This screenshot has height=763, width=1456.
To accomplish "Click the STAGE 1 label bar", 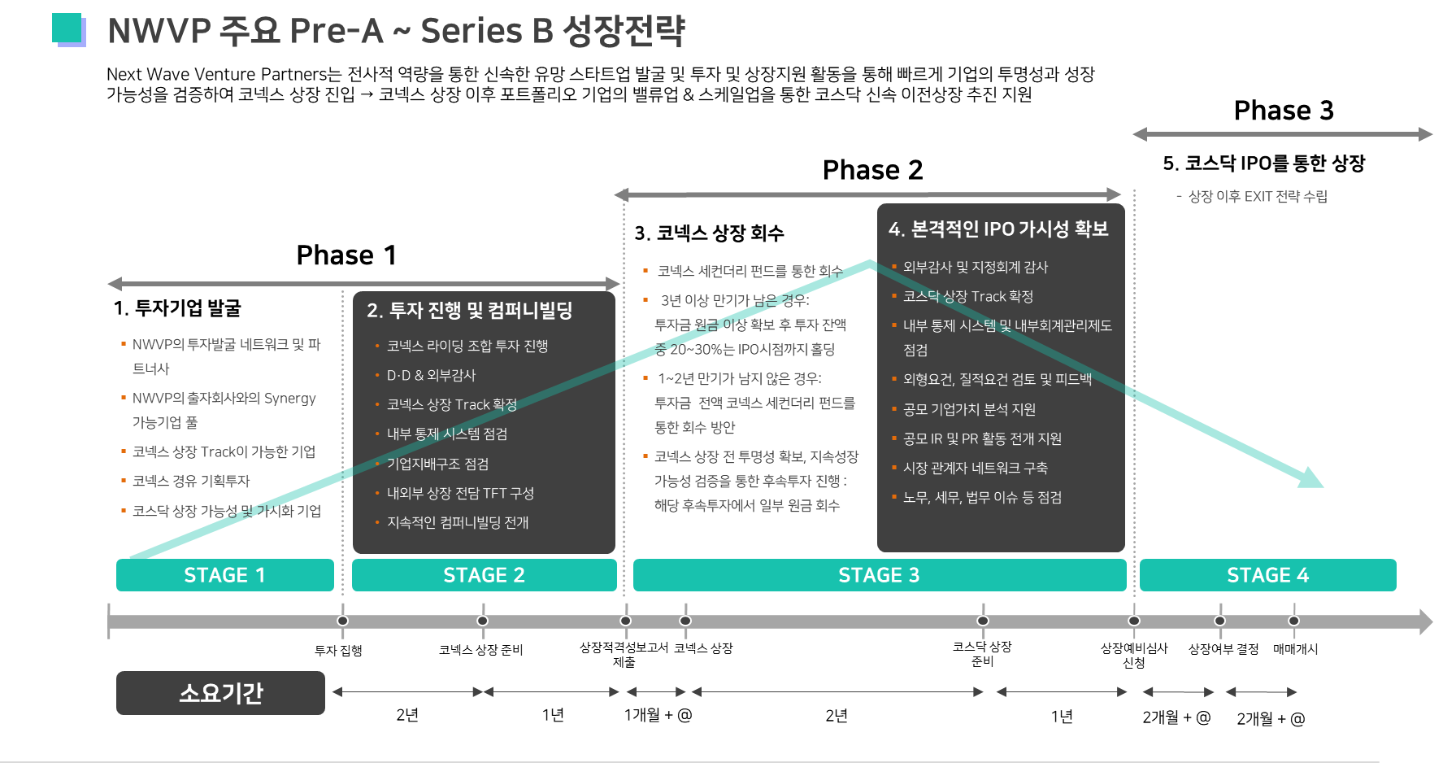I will [224, 575].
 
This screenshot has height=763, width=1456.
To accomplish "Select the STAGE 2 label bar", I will [484, 575].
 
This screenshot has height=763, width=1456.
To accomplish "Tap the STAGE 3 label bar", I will [879, 575].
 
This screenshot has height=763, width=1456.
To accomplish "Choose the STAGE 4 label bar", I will [1267, 575].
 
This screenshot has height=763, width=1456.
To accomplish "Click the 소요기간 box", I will [220, 693].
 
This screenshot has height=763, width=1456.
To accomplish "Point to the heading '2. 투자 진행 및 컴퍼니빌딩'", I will [470, 311].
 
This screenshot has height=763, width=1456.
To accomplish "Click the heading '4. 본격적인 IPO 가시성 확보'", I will [998, 229].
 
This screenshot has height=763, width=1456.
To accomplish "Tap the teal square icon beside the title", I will [68, 29].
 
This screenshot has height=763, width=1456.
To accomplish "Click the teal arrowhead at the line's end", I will [1310, 477].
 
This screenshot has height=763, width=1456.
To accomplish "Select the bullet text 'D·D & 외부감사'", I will [431, 376].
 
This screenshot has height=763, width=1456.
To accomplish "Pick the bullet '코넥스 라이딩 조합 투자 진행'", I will [467, 347].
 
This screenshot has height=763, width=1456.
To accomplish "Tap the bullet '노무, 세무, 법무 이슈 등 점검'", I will [982, 498].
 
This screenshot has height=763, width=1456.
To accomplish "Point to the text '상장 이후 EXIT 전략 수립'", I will [1257, 197].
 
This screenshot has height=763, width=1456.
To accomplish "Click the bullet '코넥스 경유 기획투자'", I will [191, 482].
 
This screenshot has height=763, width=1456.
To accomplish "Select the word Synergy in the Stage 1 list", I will [289, 399].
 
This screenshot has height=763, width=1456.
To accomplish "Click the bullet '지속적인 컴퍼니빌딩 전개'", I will [458, 523].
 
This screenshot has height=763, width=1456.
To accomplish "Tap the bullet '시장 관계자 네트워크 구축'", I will [976, 469].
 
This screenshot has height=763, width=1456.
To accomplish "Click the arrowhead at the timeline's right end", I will [1424, 621].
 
